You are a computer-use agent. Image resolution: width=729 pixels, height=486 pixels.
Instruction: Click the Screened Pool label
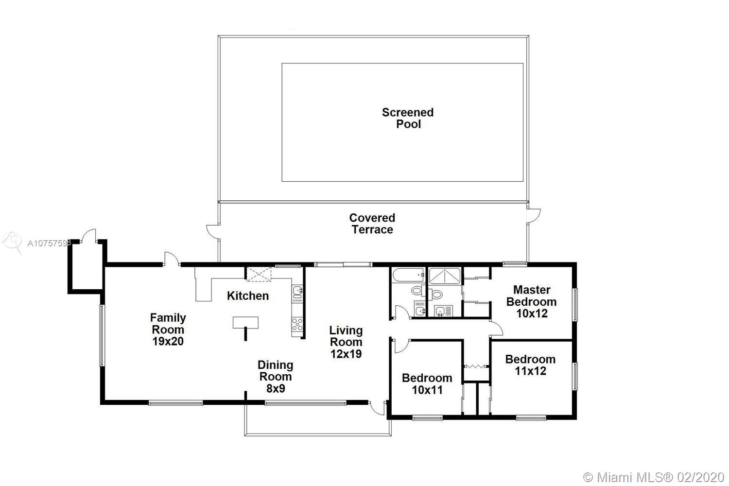click(x=408, y=118)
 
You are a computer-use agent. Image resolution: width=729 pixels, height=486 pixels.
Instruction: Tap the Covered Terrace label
click(x=372, y=224)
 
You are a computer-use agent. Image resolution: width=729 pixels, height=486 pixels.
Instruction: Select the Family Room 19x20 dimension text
click(x=168, y=341)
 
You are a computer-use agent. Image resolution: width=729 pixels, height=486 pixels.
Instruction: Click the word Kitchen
click(x=248, y=295)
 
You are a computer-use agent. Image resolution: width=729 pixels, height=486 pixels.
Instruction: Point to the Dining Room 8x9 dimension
click(x=276, y=388)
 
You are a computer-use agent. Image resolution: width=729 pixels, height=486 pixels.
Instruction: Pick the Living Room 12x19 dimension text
click(x=346, y=354)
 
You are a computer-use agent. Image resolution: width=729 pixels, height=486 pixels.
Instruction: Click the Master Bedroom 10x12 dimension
click(x=532, y=313)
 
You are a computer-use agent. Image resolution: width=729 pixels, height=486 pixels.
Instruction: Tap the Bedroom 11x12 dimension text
click(x=531, y=371)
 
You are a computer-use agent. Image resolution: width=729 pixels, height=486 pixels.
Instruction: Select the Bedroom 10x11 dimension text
click(x=427, y=390)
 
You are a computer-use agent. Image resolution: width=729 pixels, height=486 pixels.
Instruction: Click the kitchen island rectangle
click(x=246, y=322)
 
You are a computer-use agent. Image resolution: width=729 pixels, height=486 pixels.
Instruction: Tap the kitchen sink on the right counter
click(x=297, y=292)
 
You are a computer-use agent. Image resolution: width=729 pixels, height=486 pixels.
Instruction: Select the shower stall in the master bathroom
click(x=445, y=276)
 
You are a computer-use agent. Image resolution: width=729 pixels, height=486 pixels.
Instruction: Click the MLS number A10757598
click(x=49, y=243)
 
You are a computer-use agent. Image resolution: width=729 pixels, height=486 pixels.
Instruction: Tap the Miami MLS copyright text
click(x=654, y=478)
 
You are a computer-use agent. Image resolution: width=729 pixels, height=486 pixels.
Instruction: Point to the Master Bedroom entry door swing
click(x=497, y=328)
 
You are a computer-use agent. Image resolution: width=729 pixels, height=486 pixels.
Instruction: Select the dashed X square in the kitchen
click(x=259, y=274)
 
